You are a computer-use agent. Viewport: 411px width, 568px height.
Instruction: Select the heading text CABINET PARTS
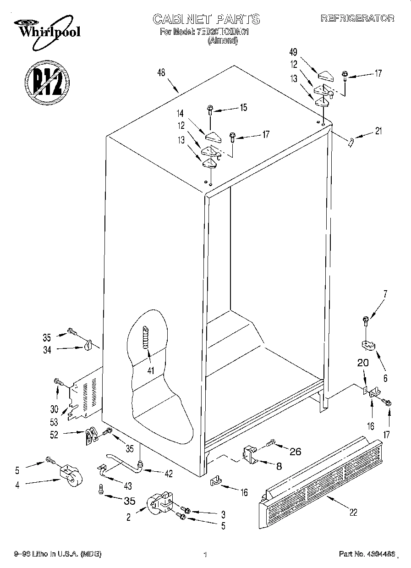(x=206, y=19)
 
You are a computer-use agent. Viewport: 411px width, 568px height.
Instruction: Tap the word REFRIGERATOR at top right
(x=357, y=18)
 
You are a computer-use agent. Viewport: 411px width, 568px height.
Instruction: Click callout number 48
(x=161, y=72)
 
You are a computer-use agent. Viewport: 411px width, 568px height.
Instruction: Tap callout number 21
(x=378, y=131)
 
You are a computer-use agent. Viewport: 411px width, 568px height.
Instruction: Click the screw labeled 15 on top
(x=210, y=109)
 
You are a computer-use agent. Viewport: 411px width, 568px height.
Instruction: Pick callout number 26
(x=296, y=451)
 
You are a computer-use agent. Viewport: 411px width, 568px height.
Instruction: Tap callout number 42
(x=169, y=474)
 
